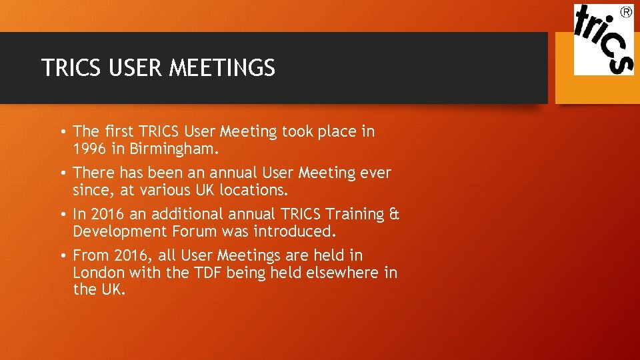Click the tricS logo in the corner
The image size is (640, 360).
coord(603,39)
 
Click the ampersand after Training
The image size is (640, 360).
coord(394,215)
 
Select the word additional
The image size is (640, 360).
coord(187,215)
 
